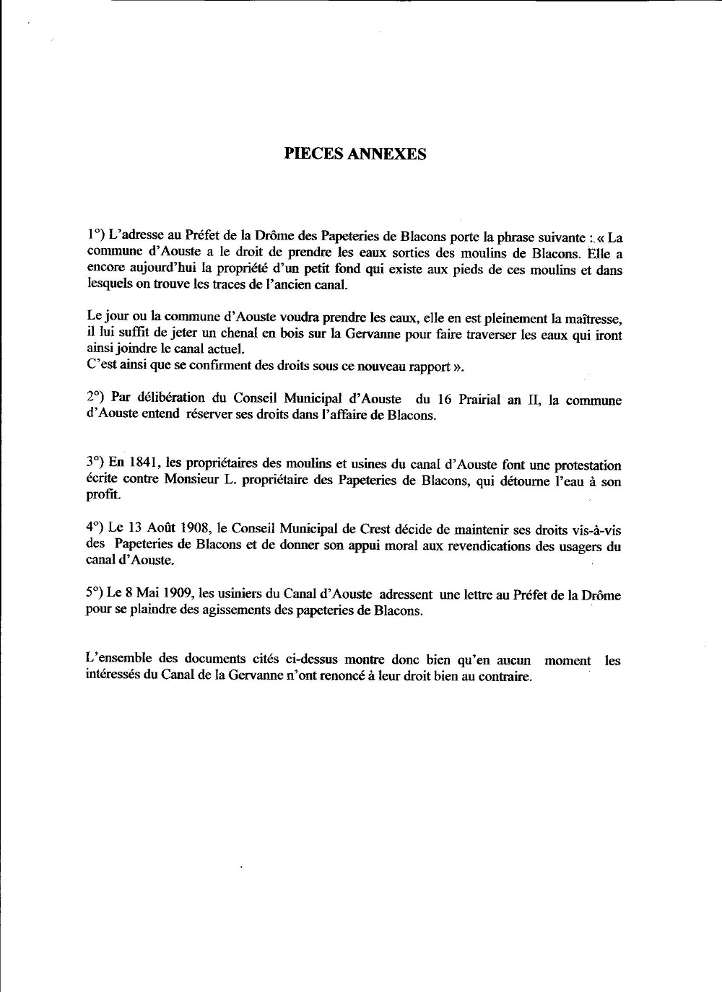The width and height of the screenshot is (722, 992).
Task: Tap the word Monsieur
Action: tap(173, 482)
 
